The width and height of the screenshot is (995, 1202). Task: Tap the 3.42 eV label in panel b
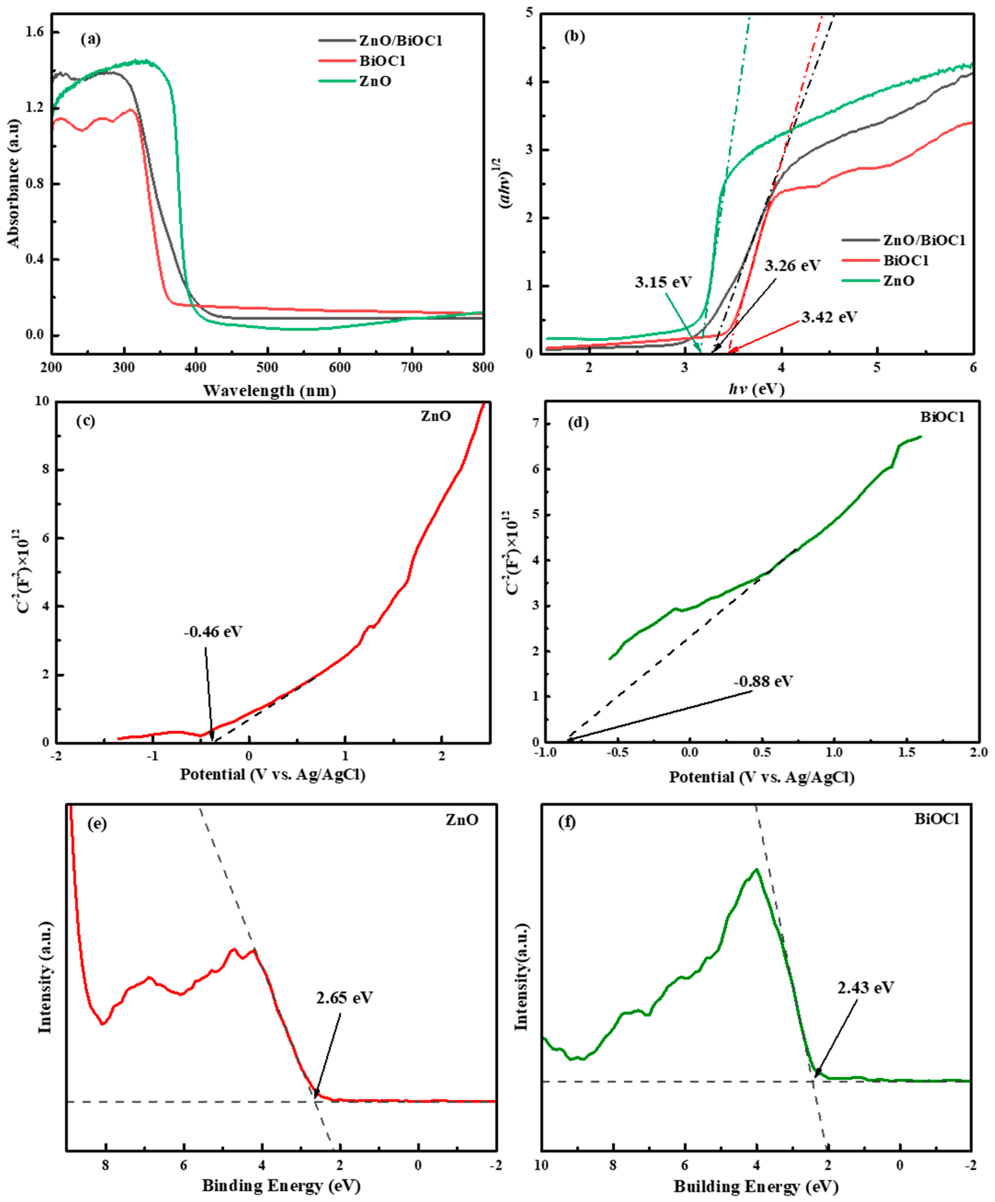(829, 317)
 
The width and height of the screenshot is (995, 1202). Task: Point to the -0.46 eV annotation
(213, 632)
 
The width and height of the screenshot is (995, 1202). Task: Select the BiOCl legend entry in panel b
(905, 260)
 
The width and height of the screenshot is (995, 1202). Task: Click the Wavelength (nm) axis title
(269, 391)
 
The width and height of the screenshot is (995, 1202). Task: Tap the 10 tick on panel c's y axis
(42, 401)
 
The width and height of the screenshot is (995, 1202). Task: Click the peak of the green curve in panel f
(756, 869)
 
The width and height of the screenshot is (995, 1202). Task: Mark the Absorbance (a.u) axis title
(14, 183)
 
